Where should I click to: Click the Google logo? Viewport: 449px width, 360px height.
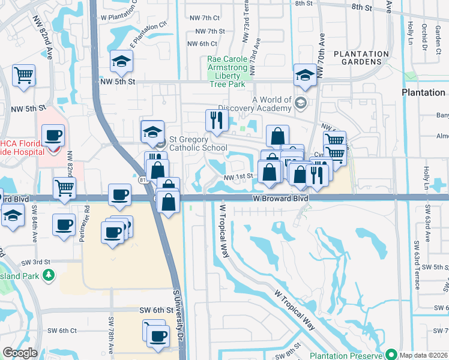(x=20, y=353)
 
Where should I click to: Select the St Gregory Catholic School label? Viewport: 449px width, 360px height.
(x=198, y=143)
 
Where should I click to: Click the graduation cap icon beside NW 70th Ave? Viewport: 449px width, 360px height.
(x=305, y=76)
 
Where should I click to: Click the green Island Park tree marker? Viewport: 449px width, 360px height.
(x=47, y=275)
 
